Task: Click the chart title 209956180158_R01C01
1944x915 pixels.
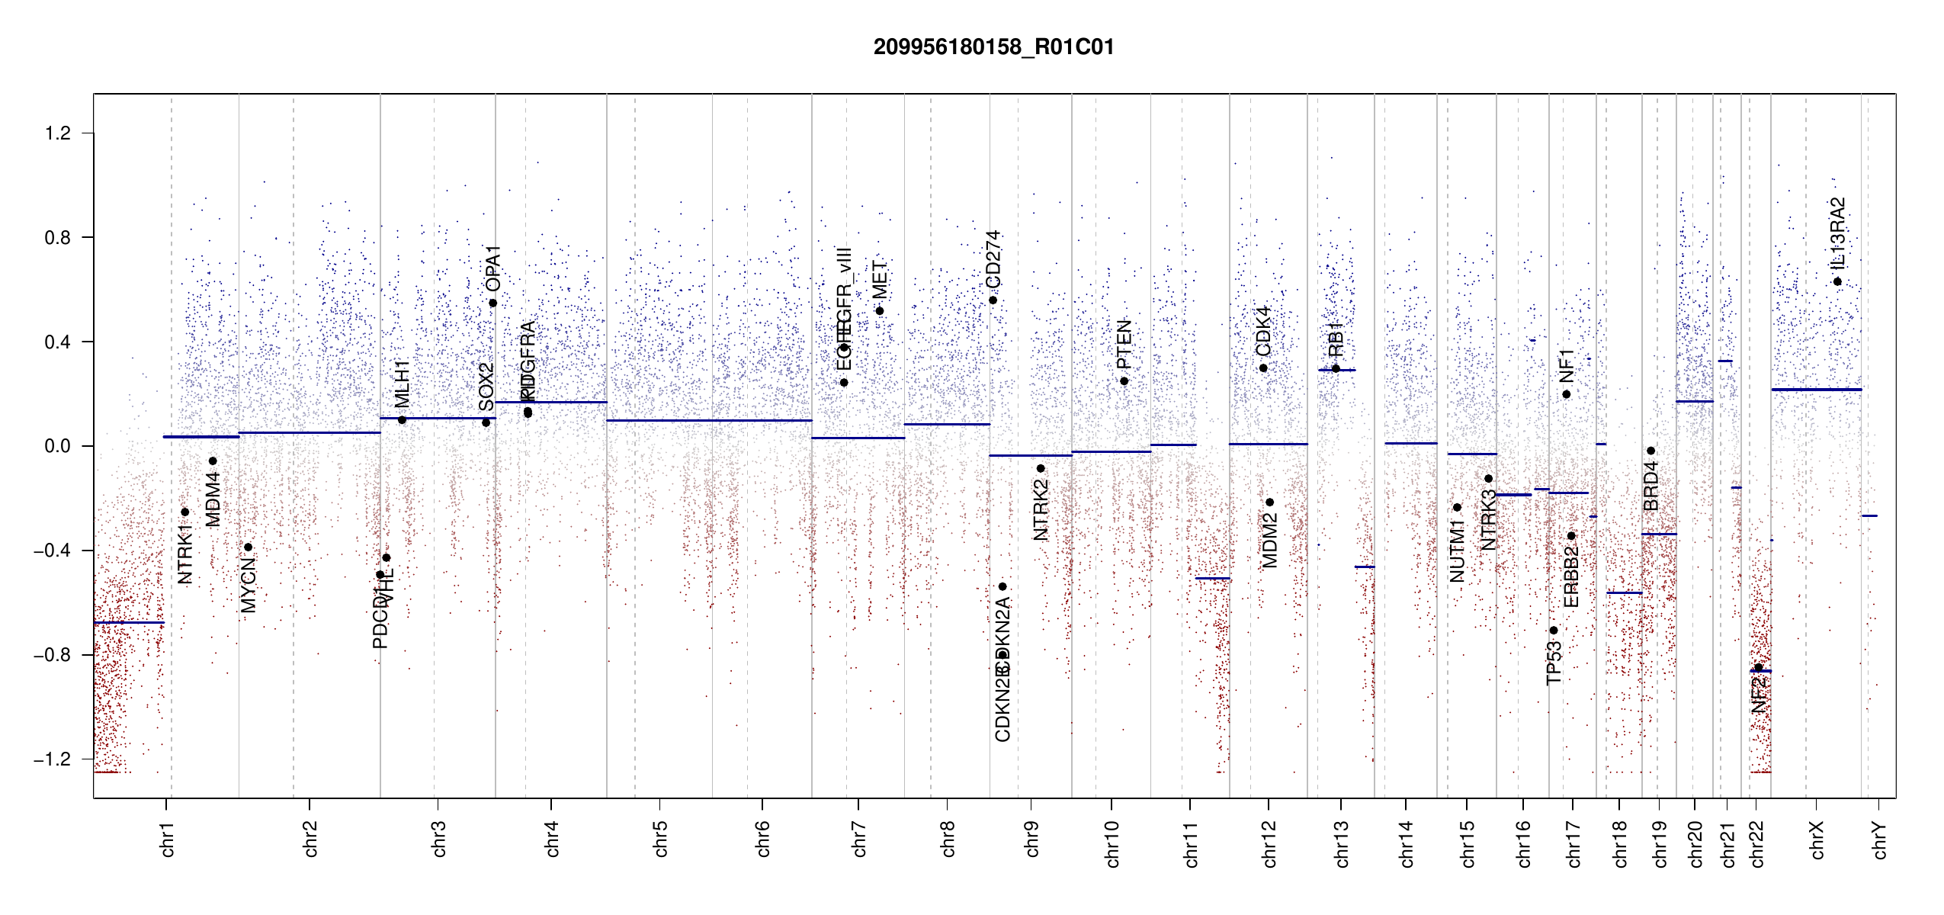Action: point(993,47)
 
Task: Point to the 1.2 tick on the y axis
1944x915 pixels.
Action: point(58,133)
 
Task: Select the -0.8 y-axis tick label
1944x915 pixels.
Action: point(52,655)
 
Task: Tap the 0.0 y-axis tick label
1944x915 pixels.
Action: point(58,446)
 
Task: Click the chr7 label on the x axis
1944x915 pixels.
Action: point(859,839)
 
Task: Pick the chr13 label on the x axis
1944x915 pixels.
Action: point(1341,843)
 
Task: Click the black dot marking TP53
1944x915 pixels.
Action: point(1554,631)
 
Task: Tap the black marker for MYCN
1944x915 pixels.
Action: point(248,547)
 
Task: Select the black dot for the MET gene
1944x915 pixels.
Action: point(879,311)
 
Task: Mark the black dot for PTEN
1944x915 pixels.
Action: point(1124,381)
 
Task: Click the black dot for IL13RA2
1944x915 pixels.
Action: point(1837,282)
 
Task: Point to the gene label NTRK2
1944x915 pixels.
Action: point(1041,510)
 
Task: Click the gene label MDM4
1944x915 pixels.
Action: point(213,499)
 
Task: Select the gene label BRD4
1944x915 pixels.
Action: point(1650,486)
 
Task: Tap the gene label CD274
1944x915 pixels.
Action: point(993,259)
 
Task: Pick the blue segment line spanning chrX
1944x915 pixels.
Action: point(1816,390)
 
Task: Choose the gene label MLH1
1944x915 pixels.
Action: point(402,384)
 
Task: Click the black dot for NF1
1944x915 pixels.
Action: point(1567,394)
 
